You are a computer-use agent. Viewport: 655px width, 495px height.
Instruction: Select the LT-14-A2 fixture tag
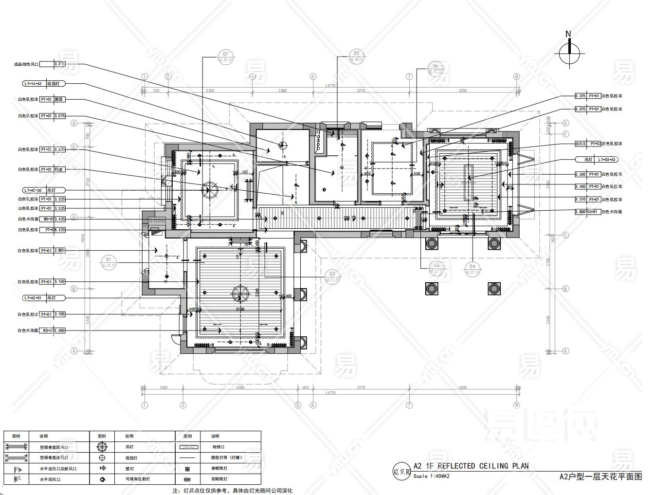[x=33, y=84]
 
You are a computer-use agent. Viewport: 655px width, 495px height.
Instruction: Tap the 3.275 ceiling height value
[x=59, y=64]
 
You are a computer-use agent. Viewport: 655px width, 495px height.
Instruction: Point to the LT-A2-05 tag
[x=33, y=190]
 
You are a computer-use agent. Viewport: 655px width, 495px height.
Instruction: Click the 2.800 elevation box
[x=59, y=251]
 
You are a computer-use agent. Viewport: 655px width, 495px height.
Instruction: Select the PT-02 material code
[x=595, y=144]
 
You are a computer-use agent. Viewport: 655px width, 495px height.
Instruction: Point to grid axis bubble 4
[x=253, y=76]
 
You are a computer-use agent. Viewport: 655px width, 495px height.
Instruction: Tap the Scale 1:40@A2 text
[x=432, y=476]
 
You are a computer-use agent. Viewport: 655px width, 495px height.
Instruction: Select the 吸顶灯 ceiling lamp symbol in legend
[x=102, y=458]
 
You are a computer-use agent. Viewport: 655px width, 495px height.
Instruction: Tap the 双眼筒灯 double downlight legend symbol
[x=187, y=479]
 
